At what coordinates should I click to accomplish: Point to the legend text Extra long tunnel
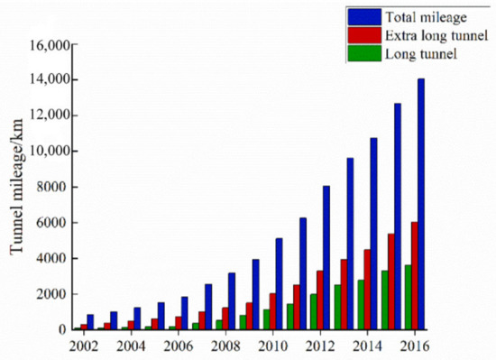click(428, 34)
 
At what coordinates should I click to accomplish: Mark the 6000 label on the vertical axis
click(51, 223)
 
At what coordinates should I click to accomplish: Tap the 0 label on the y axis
click(63, 330)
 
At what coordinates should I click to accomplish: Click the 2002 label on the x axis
click(83, 346)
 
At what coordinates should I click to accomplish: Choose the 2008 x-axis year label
click(225, 346)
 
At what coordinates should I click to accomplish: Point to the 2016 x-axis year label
click(413, 346)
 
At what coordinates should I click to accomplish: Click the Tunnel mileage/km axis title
click(18, 188)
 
